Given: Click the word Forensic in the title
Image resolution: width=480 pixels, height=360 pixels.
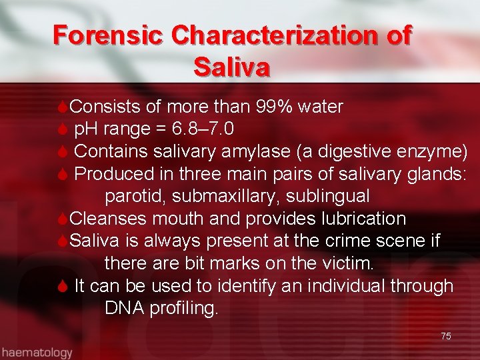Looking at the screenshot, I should pos(107,35).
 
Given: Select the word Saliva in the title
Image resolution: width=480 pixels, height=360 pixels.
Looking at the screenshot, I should pos(231,67).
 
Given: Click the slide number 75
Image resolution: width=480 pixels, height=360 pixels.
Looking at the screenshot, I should pos(445,336).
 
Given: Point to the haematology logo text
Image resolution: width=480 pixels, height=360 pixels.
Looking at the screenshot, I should pos(37,352).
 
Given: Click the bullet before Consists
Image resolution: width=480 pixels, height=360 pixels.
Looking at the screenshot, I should pos(62,107).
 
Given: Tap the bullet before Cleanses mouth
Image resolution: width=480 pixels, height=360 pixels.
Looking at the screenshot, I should pos(62,219).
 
